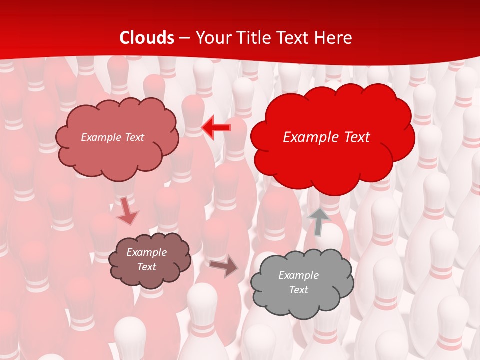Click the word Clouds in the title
(147, 38)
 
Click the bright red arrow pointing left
(216, 128)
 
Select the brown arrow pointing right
(223, 266)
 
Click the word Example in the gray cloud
(298, 275)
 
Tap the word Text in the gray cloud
(298, 290)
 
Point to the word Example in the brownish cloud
(146, 252)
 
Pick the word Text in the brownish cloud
(146, 267)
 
